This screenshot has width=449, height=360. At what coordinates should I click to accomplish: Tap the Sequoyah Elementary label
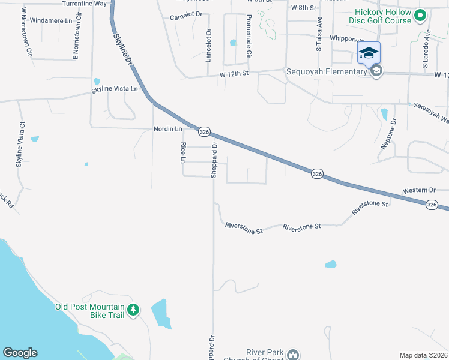(x=326, y=72)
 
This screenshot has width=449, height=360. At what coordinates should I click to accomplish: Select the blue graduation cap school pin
(x=369, y=53)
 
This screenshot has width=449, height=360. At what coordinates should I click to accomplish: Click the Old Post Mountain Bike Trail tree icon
(x=133, y=310)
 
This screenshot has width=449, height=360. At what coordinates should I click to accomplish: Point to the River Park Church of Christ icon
(x=293, y=355)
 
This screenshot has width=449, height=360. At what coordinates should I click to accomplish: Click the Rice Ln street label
(x=183, y=152)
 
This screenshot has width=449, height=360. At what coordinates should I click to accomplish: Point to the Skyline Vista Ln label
(x=114, y=89)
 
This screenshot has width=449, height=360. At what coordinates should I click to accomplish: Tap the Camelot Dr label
(x=185, y=17)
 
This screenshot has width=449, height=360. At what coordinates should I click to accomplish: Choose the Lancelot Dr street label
(x=209, y=46)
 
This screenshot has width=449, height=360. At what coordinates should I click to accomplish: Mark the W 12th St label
(x=234, y=73)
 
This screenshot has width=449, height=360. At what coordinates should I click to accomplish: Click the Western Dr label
(x=419, y=190)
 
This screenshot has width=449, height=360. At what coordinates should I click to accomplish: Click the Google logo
(x=20, y=353)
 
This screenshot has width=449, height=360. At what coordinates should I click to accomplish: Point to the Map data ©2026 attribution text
(x=423, y=355)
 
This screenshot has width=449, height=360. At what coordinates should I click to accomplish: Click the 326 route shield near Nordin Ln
(x=204, y=132)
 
